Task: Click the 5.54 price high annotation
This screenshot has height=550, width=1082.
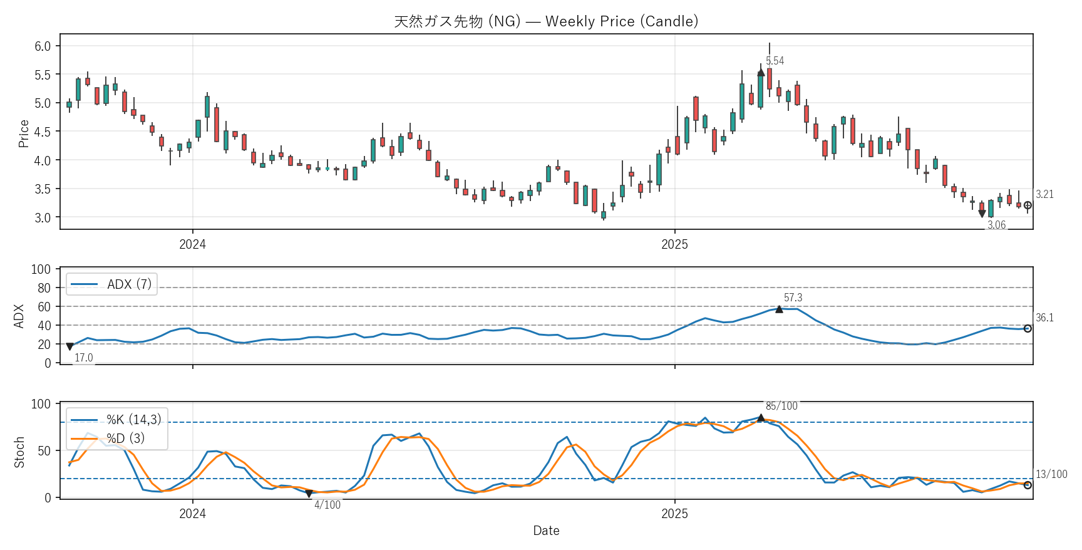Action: pos(775,61)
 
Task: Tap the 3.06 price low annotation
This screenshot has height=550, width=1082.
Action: pos(996,225)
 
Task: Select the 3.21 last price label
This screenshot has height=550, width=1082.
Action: pos(1044,194)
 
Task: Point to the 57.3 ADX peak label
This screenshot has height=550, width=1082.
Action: pos(793,298)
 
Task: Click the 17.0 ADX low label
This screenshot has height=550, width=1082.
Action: pos(84,358)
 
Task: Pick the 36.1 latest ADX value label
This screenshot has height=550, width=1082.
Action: pos(1044,318)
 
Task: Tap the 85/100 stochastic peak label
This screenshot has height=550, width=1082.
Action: pos(781,406)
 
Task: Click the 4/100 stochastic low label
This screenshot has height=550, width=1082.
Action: pos(327,505)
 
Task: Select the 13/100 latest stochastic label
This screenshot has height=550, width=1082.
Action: pos(1051,474)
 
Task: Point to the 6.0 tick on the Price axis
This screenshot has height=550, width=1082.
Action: pos(43,46)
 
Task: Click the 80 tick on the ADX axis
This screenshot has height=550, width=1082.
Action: pos(44,288)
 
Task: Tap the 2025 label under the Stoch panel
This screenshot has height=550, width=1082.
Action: pos(674,514)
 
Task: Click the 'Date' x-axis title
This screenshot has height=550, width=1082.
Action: pos(546,531)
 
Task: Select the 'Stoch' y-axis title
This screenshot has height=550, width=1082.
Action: pos(19,452)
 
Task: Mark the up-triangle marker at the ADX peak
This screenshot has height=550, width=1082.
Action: pos(779,309)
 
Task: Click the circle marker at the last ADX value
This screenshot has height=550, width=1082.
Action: pos(1028,329)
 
